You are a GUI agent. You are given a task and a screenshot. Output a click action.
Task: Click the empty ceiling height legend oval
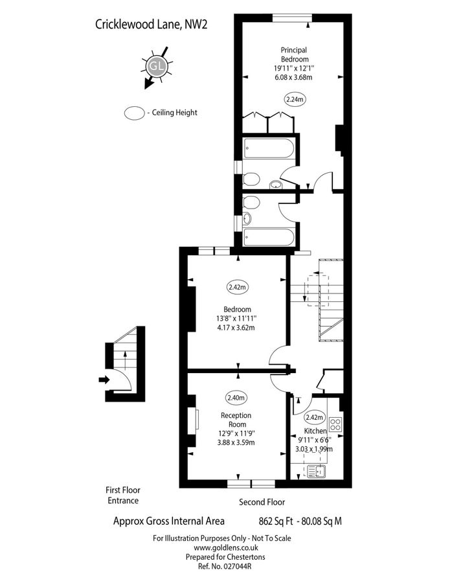point(134,112)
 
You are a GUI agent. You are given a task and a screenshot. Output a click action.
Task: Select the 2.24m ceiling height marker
point(294,99)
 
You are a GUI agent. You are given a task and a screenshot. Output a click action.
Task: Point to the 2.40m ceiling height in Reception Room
point(236,397)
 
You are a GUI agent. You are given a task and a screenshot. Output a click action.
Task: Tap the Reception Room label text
point(236,420)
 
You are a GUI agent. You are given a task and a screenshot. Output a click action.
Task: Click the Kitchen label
point(316,431)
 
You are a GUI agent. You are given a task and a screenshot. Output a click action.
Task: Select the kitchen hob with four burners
point(336,425)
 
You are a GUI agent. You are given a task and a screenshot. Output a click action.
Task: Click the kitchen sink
point(318,472)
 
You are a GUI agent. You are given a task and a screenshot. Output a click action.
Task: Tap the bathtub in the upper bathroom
point(268,150)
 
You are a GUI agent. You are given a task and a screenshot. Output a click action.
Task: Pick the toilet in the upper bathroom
point(252,178)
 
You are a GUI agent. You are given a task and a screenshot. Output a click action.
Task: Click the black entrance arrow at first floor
point(103,380)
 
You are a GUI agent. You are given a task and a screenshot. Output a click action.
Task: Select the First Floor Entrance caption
point(122,495)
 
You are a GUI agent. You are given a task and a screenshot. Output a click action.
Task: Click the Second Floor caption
point(262,502)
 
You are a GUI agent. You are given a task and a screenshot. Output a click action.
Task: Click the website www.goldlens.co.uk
point(221,547)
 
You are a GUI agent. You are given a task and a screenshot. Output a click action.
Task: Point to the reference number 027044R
point(221,566)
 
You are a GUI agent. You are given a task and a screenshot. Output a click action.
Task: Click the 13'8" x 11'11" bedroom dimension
point(238,318)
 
